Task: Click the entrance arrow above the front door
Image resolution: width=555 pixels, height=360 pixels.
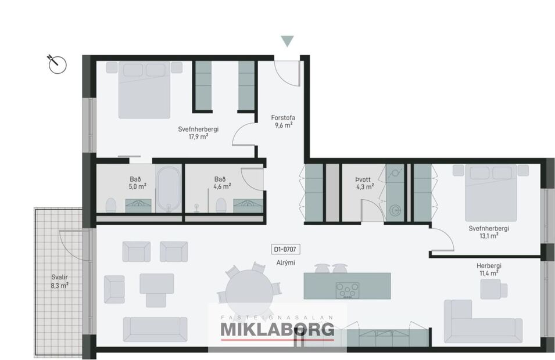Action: pos(287,41)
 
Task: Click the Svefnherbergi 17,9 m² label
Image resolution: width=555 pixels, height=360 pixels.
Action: pos(198,134)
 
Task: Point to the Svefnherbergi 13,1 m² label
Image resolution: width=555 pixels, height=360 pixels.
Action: pos(489,232)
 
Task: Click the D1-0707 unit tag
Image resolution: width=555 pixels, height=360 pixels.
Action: pos(285,250)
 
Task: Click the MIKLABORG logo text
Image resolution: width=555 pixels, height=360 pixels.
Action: pos(277,330)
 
